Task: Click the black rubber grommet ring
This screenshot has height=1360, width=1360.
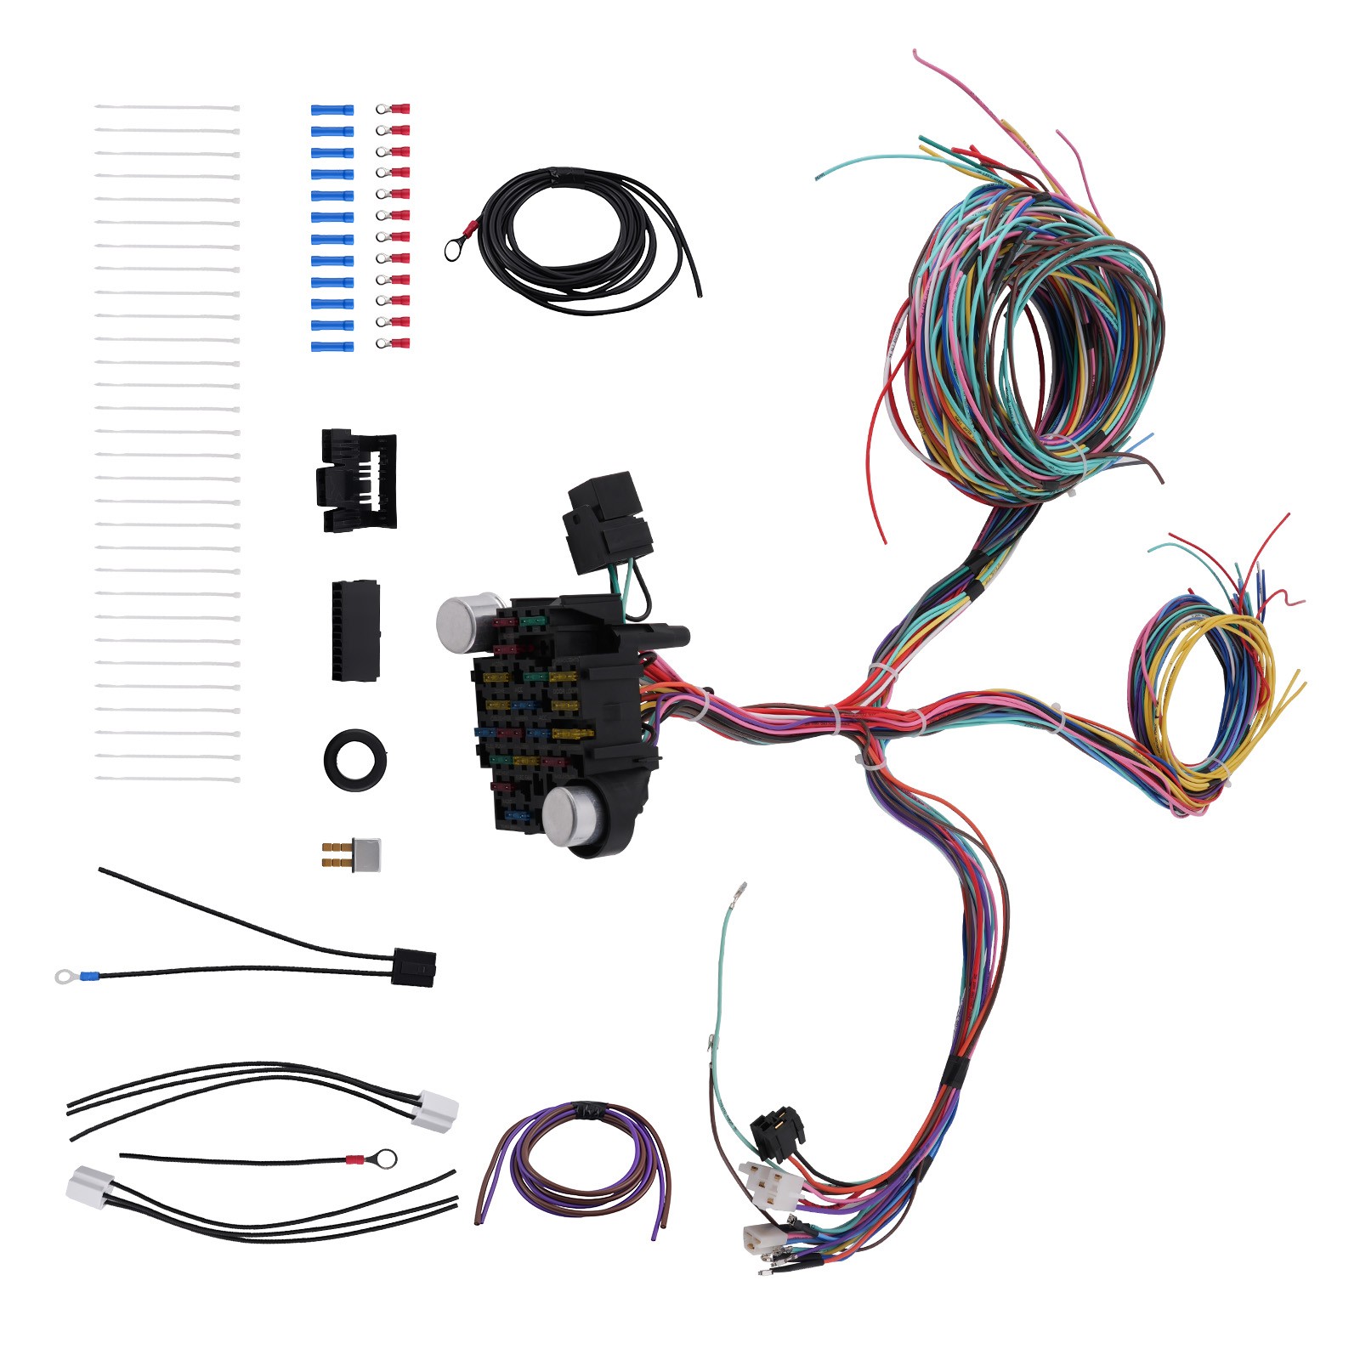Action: (354, 756)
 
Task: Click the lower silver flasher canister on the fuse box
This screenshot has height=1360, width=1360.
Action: (567, 816)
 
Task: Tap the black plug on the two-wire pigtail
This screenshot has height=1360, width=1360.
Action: (414, 967)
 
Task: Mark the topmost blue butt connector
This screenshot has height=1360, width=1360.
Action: (331, 110)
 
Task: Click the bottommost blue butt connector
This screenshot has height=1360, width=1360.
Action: (331, 347)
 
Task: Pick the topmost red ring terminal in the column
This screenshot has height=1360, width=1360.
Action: (393, 110)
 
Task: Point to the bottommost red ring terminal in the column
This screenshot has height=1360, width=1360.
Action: (393, 343)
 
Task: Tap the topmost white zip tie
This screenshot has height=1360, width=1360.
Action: (167, 108)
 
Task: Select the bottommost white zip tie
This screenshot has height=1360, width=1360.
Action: (167, 779)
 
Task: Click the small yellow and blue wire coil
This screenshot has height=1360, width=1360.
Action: (1207, 697)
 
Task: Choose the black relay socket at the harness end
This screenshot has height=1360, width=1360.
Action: (777, 1132)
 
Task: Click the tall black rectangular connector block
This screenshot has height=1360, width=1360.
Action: (354, 630)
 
